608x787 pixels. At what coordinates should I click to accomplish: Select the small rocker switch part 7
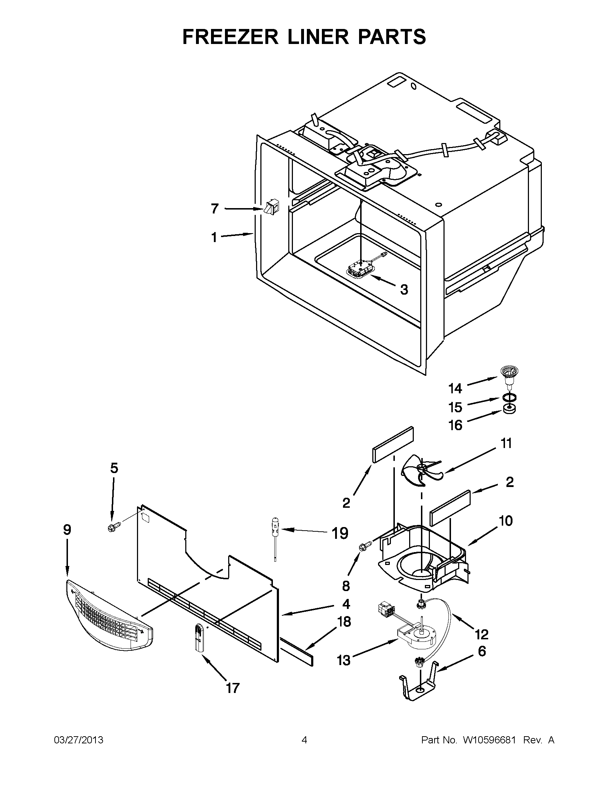pos(271,208)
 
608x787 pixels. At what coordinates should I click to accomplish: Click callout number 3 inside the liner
pos(404,289)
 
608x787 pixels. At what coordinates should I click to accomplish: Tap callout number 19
pos(340,533)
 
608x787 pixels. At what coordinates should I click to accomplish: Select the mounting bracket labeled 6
pos(420,682)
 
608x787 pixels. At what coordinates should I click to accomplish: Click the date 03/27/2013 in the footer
pos(79,740)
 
